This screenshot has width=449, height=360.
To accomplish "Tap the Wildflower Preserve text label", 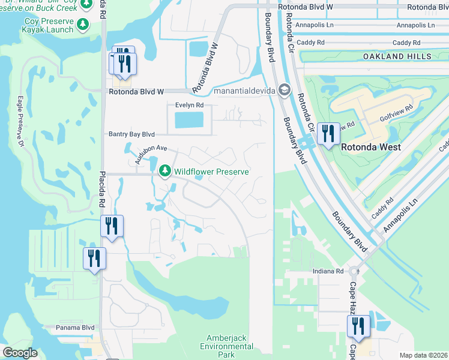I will (211, 172).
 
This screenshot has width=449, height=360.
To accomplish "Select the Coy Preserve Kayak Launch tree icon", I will (83, 25).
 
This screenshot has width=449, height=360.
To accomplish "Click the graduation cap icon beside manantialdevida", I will (284, 91).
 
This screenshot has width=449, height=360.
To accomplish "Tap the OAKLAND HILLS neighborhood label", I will (397, 56).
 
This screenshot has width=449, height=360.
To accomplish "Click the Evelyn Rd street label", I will (189, 104).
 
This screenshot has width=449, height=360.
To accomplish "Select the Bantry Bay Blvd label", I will (131, 134).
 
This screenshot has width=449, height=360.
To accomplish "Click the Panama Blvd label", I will (75, 328).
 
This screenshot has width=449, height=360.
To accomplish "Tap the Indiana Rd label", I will (328, 271).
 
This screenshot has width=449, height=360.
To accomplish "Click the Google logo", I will (20, 353).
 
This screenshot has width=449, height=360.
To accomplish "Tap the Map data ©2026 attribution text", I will (423, 355).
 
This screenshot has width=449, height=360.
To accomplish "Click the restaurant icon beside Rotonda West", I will (327, 133).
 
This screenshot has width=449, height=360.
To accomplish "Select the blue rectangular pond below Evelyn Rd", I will (189, 121).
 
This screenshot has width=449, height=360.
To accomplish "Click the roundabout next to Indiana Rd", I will (354, 271).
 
